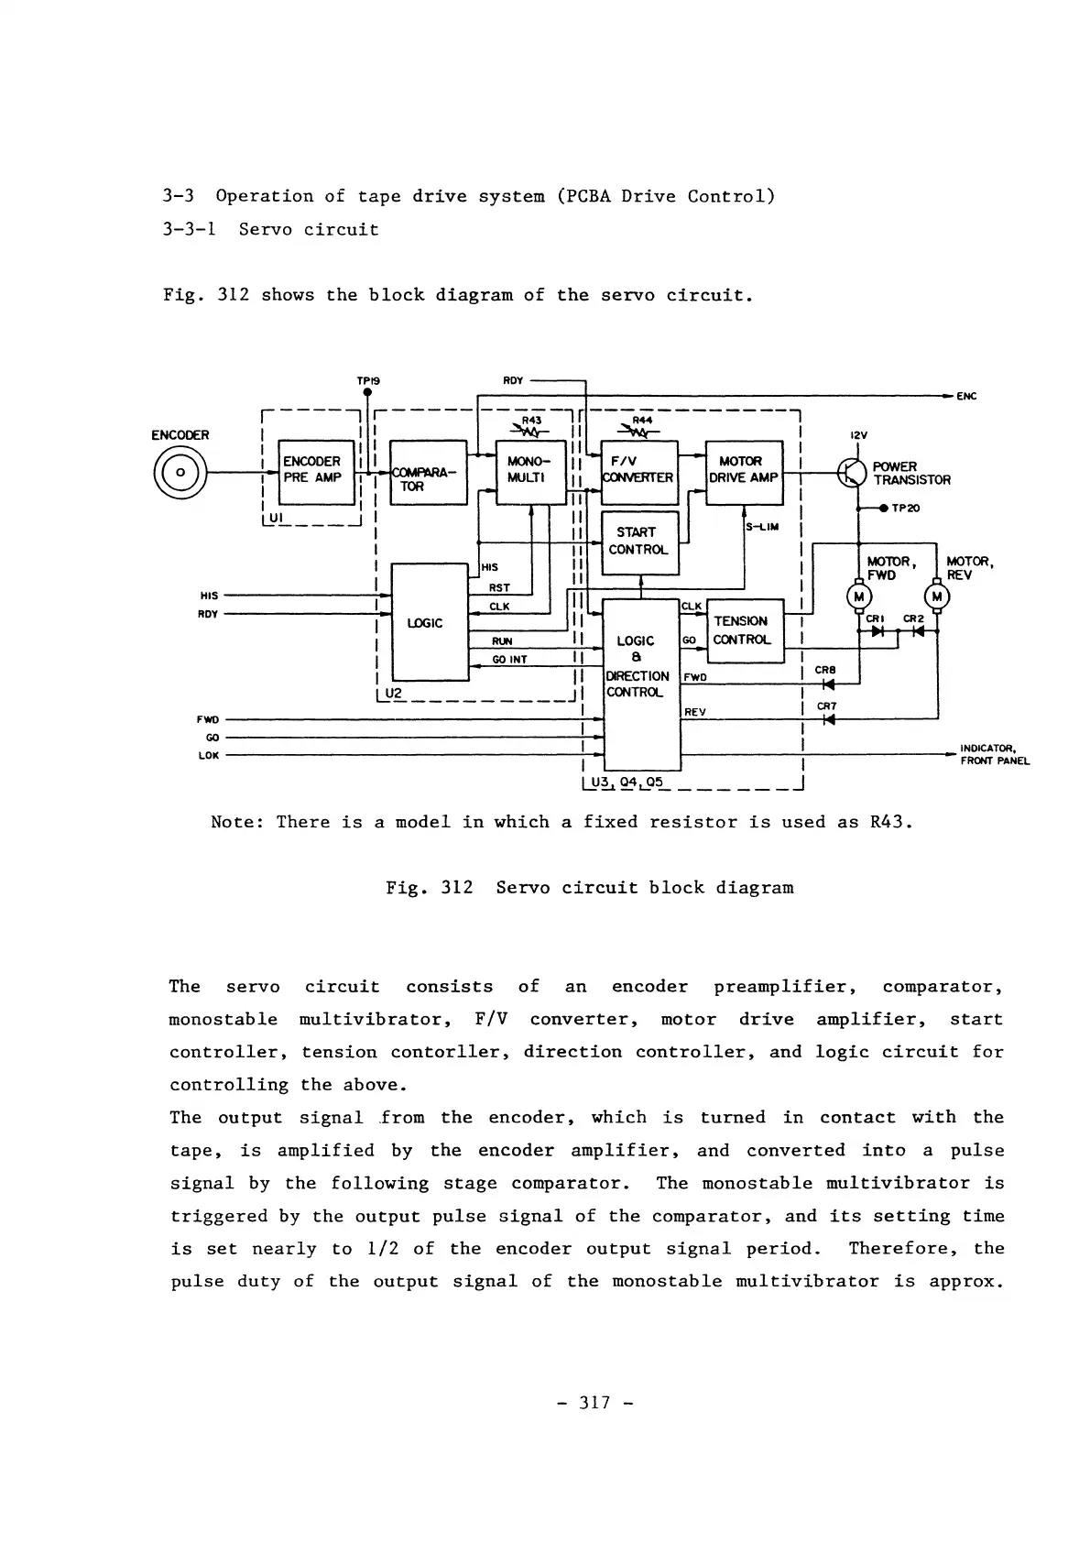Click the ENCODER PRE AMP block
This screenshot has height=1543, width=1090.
(x=316, y=472)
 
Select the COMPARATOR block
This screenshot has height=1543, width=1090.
(x=428, y=473)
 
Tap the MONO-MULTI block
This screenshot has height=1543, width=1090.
(x=530, y=472)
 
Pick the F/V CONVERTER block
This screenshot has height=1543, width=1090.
(x=638, y=472)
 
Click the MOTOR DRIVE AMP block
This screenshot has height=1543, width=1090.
(x=744, y=472)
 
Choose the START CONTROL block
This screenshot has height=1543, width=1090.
(x=638, y=542)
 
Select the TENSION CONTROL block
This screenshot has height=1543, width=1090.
(x=745, y=630)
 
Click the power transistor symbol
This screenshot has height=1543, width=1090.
(x=852, y=473)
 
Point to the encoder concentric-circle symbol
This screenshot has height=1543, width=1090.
(x=180, y=472)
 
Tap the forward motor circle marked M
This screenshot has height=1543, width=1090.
(x=859, y=597)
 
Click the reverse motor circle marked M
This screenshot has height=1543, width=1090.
(x=938, y=597)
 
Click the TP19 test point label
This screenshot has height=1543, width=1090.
(x=367, y=380)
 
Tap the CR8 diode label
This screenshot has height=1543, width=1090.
(x=825, y=670)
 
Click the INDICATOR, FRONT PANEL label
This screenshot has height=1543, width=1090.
(x=994, y=754)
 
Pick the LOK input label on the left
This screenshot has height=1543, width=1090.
(x=208, y=756)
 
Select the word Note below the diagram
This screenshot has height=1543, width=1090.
(x=237, y=822)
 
